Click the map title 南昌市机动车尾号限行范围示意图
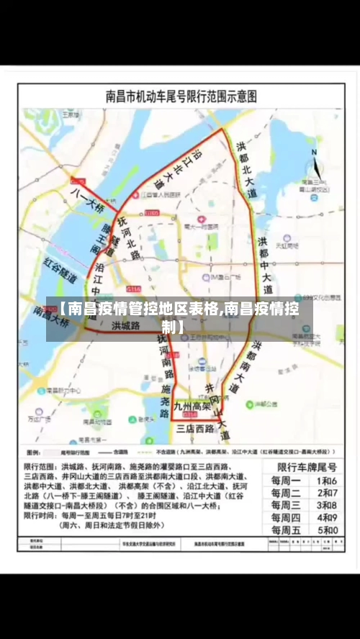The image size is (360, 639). [x=181, y=96]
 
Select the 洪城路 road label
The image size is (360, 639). [x=125, y=325]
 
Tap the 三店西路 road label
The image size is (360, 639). [x=196, y=428]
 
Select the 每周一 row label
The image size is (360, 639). [x=285, y=480]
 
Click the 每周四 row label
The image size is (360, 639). [x=285, y=518]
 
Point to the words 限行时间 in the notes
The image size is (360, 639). [x=41, y=516]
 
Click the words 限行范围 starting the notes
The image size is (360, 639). [x=41, y=466]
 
